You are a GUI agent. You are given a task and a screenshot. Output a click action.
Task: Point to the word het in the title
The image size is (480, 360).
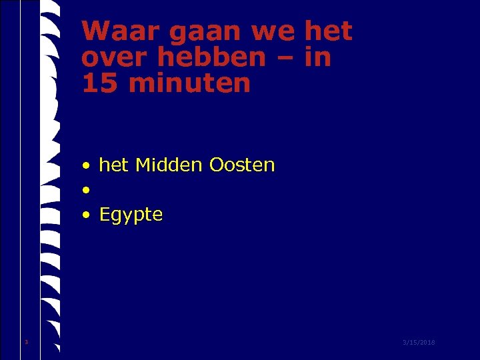327,31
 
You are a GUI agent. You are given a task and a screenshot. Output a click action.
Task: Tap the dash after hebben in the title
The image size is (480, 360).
283,59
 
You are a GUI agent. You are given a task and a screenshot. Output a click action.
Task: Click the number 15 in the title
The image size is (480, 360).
97,84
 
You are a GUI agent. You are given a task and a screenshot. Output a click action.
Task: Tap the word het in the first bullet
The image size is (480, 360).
113,165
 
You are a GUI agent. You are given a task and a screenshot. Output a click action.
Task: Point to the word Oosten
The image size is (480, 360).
241,165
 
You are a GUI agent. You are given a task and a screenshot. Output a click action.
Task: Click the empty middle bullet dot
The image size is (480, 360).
87,191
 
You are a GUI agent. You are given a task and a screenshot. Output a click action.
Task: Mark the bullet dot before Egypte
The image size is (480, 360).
87,215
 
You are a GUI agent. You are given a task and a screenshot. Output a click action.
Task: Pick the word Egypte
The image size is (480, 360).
131,215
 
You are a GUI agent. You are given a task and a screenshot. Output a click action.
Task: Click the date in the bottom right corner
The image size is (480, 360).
419,343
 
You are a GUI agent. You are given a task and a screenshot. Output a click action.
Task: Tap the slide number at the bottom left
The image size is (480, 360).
26,343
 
